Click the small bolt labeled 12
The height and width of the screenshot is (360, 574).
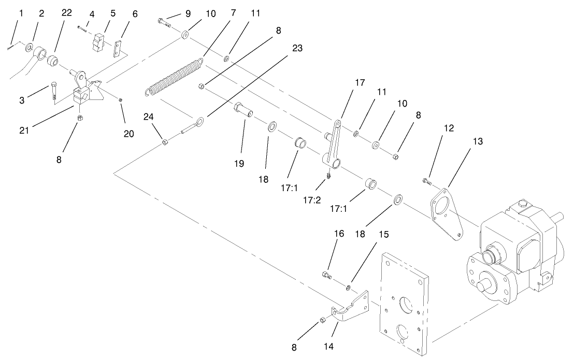(426, 180)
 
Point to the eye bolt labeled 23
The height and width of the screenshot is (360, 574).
(192, 126)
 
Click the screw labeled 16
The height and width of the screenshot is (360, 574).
(326, 275)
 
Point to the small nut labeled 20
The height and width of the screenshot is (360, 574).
(121, 99)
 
